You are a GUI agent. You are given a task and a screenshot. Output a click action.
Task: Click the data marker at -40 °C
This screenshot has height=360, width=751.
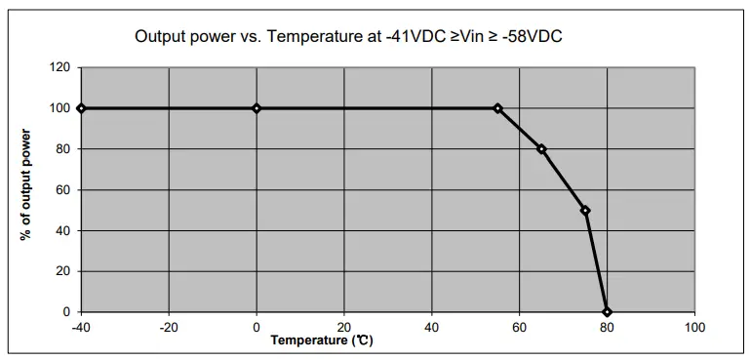click(81, 108)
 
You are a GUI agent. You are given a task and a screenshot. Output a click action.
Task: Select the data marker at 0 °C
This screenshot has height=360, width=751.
click(257, 108)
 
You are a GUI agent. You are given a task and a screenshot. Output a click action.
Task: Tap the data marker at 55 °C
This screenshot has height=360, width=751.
click(497, 108)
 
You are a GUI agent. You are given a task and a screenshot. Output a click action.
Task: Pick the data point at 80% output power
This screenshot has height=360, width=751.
click(541, 149)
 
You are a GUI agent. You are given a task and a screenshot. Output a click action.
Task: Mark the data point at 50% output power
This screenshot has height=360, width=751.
click(585, 211)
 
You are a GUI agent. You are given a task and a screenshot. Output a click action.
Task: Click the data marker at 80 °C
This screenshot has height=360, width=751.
click(607, 312)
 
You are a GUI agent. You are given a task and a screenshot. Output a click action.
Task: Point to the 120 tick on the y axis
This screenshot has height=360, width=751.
click(60, 68)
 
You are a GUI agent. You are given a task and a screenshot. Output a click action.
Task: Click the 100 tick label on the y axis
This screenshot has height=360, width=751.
click(60, 108)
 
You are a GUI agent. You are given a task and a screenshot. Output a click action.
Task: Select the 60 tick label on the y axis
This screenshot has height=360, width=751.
click(63, 190)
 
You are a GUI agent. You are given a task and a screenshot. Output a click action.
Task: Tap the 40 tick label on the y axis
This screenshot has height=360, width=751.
click(63, 231)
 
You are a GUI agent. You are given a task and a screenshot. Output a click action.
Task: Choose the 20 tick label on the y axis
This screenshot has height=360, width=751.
click(63, 271)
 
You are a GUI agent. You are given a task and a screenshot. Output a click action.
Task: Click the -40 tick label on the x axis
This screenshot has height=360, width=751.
click(81, 327)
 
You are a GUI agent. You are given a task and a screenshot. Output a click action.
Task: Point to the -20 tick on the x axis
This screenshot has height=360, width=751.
click(169, 327)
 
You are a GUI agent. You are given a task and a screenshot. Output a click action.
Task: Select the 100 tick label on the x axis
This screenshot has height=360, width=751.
click(694, 327)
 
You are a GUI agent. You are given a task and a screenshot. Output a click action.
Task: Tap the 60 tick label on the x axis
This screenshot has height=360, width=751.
click(519, 327)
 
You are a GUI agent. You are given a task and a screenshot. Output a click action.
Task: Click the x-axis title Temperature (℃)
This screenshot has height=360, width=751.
click(322, 340)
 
